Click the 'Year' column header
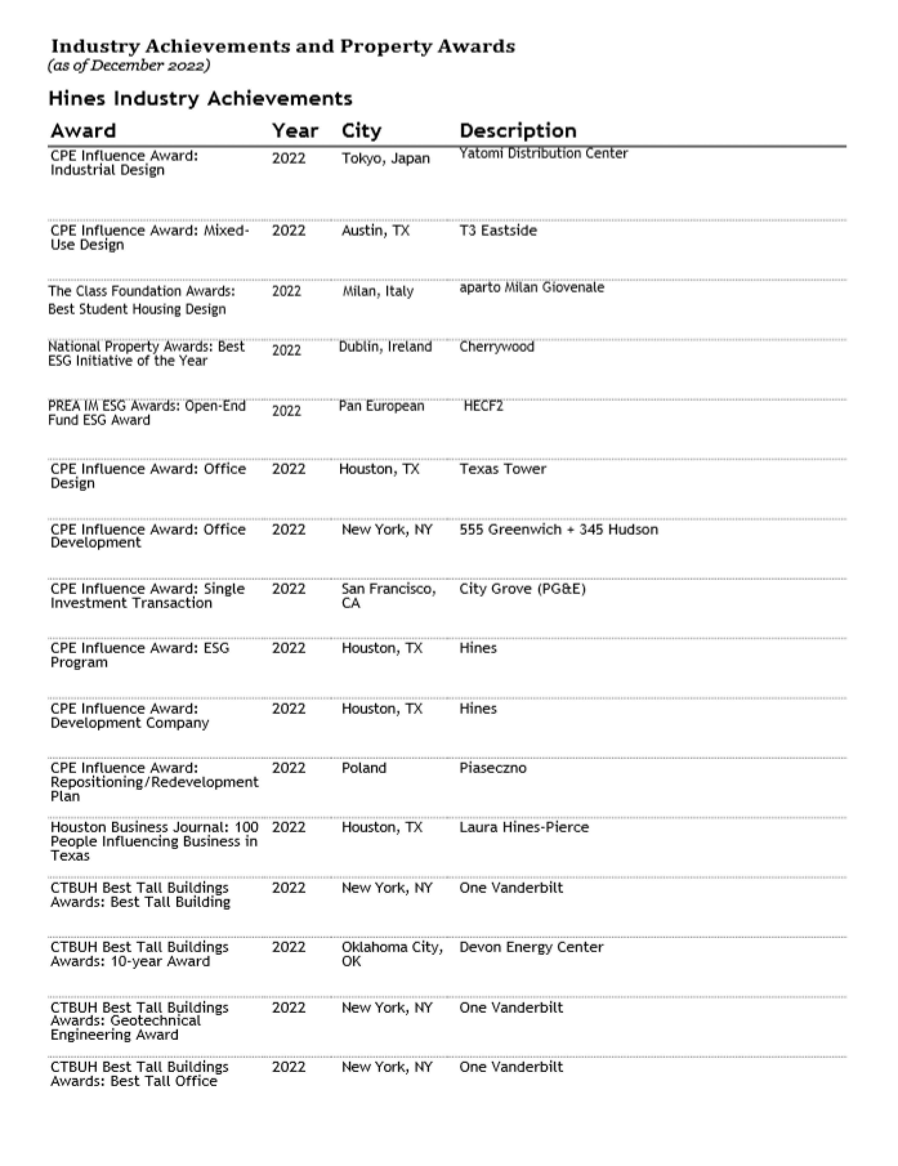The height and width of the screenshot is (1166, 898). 295,131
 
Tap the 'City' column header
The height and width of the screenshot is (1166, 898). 361,131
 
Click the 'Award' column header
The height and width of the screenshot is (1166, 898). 83,131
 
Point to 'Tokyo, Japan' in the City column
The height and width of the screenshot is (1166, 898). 386,158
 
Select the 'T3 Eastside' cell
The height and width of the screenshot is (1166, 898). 498,231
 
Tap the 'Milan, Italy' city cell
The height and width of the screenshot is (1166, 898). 378,291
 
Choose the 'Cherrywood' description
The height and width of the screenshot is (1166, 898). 496,347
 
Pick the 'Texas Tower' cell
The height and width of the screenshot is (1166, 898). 503,469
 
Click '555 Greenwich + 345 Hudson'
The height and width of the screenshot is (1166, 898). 558,529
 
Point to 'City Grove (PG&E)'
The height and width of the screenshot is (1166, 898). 522,589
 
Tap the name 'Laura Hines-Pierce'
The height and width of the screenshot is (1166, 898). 524,828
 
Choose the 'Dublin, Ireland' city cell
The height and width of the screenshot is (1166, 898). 385,347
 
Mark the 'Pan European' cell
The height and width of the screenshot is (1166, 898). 381,406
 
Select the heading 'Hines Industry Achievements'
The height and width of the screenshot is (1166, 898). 200,99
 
